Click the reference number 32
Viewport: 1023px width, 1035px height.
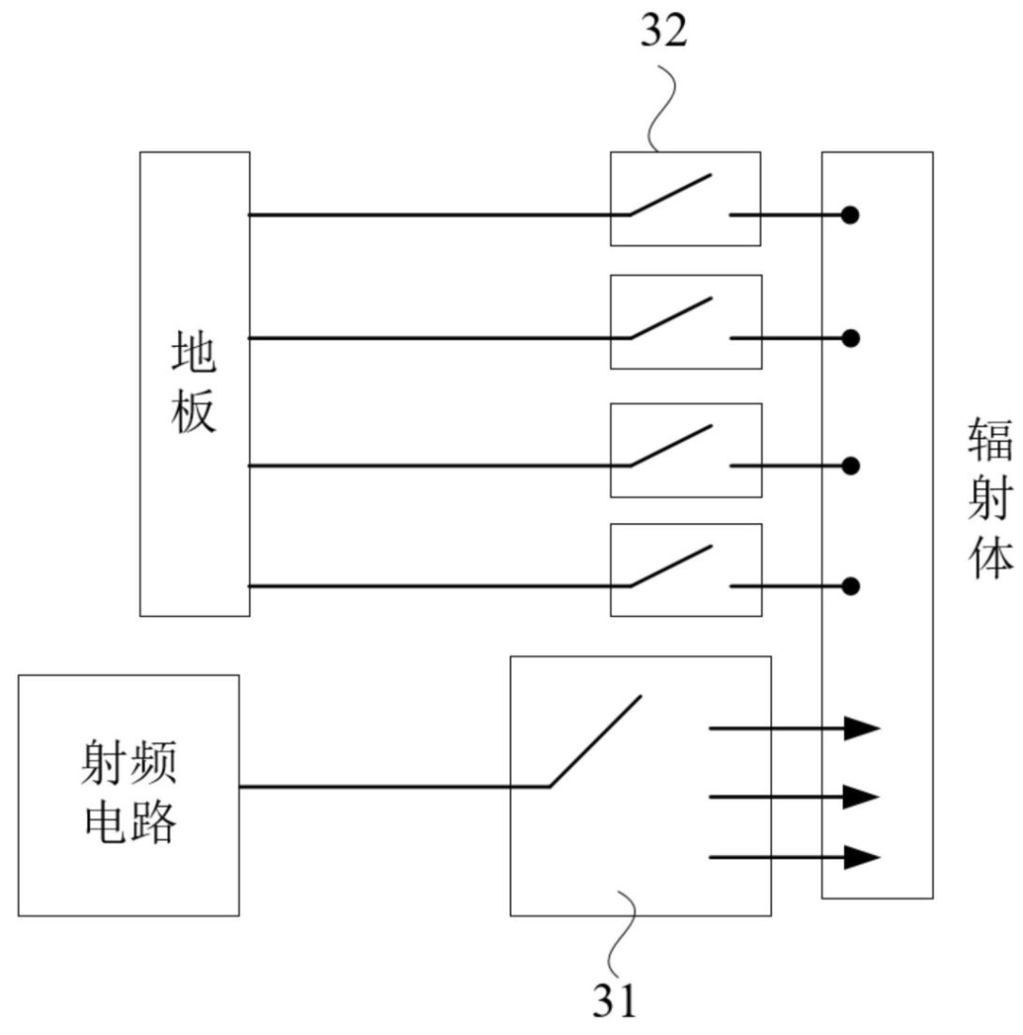point(664,30)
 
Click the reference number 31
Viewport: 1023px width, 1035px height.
point(615,1000)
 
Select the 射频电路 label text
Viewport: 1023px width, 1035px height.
point(129,792)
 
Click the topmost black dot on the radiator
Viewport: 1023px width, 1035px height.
point(851,215)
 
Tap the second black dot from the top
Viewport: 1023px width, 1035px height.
point(851,338)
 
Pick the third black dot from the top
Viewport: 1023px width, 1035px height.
point(851,466)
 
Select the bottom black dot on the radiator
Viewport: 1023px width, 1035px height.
point(851,586)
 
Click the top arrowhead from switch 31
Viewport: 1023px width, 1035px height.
point(862,729)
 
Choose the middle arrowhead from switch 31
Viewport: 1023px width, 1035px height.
point(862,797)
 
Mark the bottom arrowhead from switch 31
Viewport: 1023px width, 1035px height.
point(862,858)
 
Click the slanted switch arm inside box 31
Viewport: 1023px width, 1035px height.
point(595,741)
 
